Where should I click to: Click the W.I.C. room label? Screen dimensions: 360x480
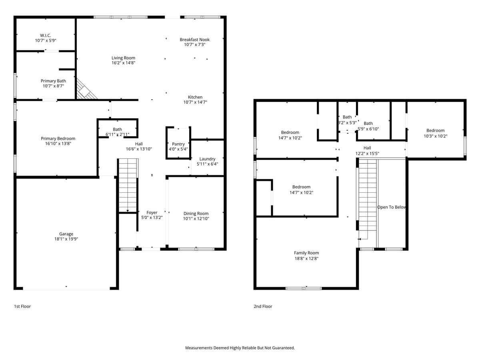[x=45, y=36]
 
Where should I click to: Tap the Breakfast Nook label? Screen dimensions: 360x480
[x=194, y=40]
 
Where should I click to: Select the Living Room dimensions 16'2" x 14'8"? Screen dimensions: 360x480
[x=123, y=63]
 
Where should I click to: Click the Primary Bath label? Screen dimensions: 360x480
[x=53, y=81]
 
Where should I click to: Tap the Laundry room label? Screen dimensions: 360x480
[x=207, y=159]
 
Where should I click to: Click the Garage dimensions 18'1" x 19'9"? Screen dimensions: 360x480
[x=66, y=239]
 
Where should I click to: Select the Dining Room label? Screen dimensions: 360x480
[x=196, y=214]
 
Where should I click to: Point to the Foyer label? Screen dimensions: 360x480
[x=152, y=213]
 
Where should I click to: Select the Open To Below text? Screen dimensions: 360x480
[x=392, y=207]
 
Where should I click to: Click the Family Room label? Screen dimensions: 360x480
[x=306, y=253]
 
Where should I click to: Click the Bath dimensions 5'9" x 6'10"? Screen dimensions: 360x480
[x=368, y=129]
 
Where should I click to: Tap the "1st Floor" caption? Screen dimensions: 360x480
[x=22, y=306]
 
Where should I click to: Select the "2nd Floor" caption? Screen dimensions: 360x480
[x=263, y=306]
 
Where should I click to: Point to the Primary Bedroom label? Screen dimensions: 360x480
[x=58, y=139]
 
